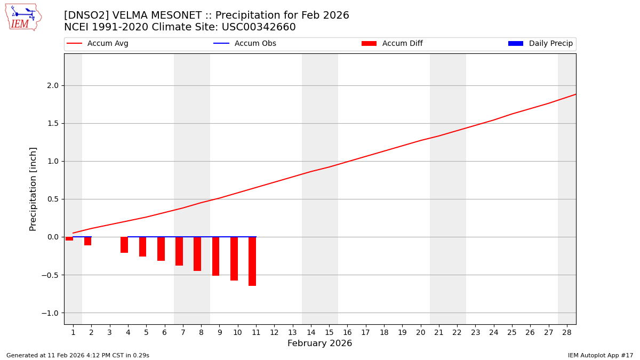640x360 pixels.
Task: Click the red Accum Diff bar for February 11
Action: point(252,261)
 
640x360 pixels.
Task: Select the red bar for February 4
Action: point(124,245)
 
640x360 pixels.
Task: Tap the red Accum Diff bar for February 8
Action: point(197,254)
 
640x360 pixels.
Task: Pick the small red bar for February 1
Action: point(69,239)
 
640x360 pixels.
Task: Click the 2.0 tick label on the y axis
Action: point(52,85)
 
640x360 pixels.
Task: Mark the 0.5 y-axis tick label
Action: point(52,199)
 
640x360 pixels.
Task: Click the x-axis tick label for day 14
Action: point(311,333)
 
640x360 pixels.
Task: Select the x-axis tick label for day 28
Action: point(567,333)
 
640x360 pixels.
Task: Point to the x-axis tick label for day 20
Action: point(421,333)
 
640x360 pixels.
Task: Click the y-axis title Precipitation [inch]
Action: point(33,189)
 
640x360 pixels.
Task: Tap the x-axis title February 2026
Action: point(320,343)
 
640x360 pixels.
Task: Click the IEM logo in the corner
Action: point(23,17)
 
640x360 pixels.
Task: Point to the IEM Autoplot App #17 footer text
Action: point(600,355)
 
